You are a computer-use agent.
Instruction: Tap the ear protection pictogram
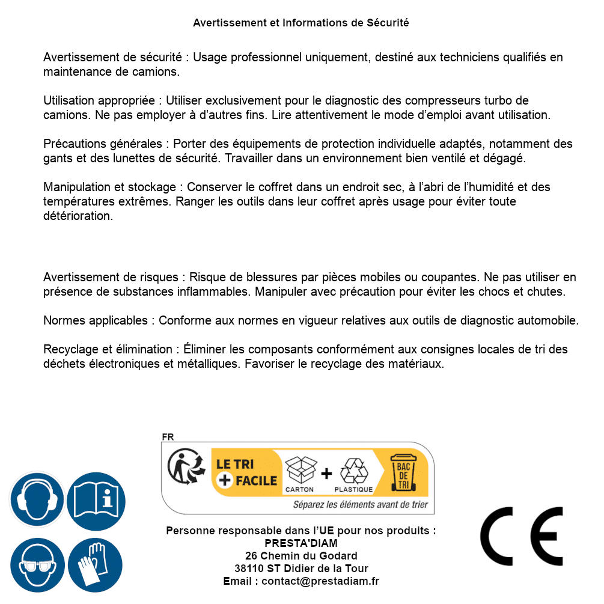[37, 500]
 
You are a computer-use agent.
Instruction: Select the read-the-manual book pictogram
[96, 500]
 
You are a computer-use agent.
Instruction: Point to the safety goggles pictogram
[37, 564]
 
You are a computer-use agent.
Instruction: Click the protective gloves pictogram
[96, 564]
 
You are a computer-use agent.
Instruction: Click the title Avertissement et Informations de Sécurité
[301, 23]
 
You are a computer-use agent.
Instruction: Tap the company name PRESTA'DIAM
[301, 543]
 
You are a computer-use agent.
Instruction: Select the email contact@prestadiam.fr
[320, 581]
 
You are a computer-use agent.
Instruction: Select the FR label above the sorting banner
[168, 437]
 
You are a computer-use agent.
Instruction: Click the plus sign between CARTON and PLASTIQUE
[326, 473]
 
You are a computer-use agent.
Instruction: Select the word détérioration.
[78, 216]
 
